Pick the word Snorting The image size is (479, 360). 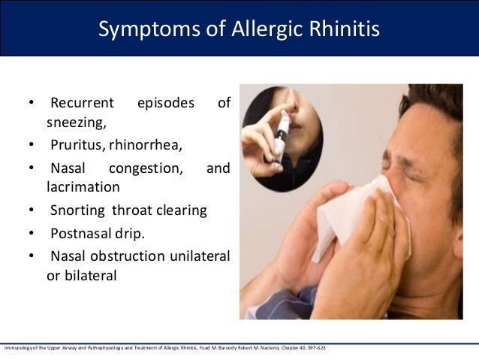click(x=77, y=210)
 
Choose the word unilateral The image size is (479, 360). click(x=197, y=256)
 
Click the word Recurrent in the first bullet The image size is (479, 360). click(x=82, y=103)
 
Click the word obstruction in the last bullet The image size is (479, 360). click(x=127, y=256)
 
